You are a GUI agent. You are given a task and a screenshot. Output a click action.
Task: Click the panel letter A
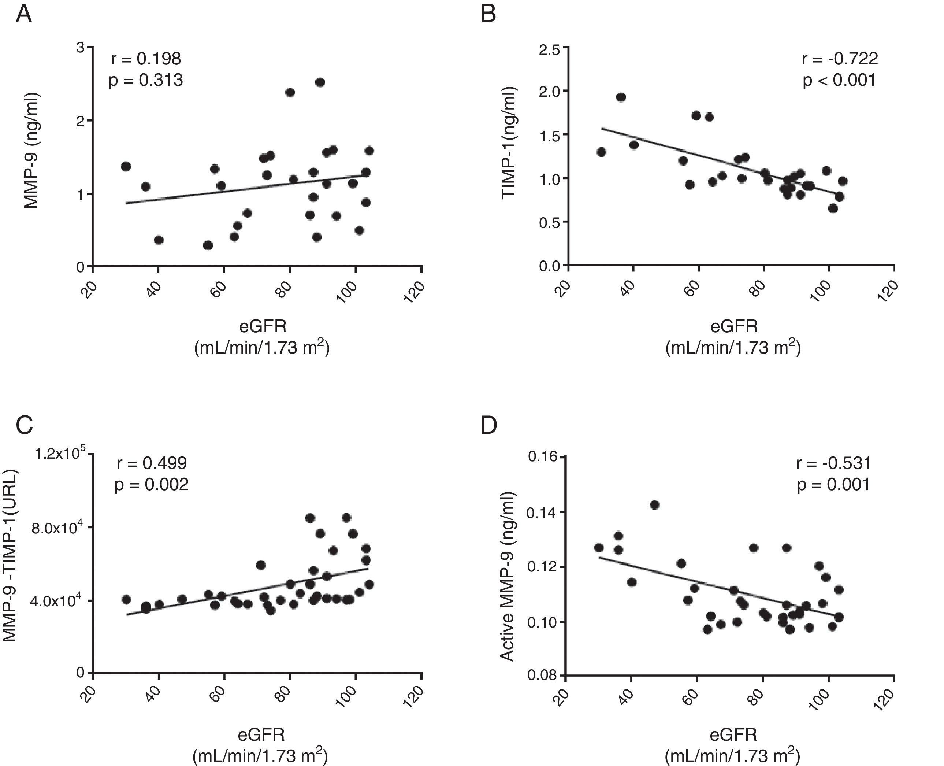(24, 15)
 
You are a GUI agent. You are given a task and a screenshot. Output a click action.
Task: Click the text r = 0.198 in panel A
(146, 59)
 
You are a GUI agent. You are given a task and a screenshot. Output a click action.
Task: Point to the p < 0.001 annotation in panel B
(839, 80)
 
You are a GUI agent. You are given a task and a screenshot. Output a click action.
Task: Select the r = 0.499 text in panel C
(152, 463)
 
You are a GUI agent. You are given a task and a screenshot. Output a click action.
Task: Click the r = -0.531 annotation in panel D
(833, 463)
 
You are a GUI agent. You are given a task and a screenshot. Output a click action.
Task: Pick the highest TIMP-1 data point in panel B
(621, 97)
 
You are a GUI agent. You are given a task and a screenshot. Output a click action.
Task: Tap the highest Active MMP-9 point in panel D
(655, 505)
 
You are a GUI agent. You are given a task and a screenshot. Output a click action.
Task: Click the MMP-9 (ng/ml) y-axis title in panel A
(32, 150)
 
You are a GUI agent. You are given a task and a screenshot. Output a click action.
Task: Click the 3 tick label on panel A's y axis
(80, 47)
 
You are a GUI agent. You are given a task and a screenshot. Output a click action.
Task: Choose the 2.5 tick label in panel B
(549, 49)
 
